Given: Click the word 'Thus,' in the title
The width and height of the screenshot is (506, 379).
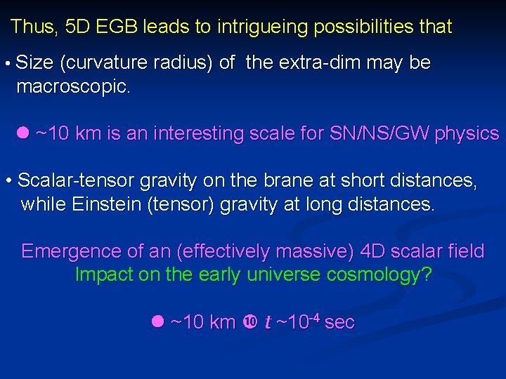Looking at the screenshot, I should pos(34,27).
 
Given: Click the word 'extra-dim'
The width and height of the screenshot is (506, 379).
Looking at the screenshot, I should pos(319,62).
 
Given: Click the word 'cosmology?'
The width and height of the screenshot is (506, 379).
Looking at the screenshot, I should pos(383,275).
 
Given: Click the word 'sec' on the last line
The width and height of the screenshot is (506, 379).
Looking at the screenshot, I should pos(339,322).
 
